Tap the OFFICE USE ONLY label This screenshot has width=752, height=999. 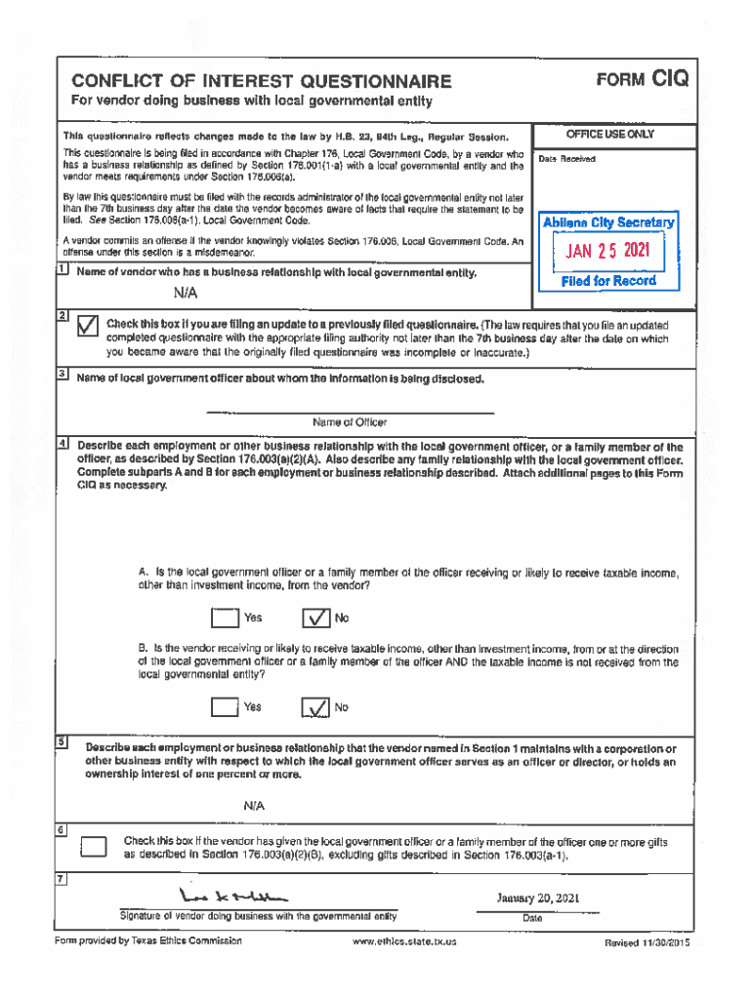(x=610, y=135)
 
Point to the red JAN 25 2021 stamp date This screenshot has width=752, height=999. (x=608, y=254)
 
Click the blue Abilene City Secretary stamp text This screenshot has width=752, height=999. (x=608, y=222)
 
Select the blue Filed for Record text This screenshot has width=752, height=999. (x=608, y=281)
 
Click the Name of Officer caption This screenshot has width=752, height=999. (x=350, y=422)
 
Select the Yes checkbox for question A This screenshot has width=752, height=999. (x=225, y=618)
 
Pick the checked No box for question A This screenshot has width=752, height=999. (x=315, y=618)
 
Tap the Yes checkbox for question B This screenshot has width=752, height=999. (x=225, y=707)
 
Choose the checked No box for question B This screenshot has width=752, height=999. (x=315, y=707)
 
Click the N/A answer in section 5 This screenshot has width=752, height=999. (x=254, y=806)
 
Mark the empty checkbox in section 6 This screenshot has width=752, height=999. (x=94, y=847)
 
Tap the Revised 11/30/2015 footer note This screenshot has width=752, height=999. (x=648, y=942)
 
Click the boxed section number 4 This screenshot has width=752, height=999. (x=62, y=444)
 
